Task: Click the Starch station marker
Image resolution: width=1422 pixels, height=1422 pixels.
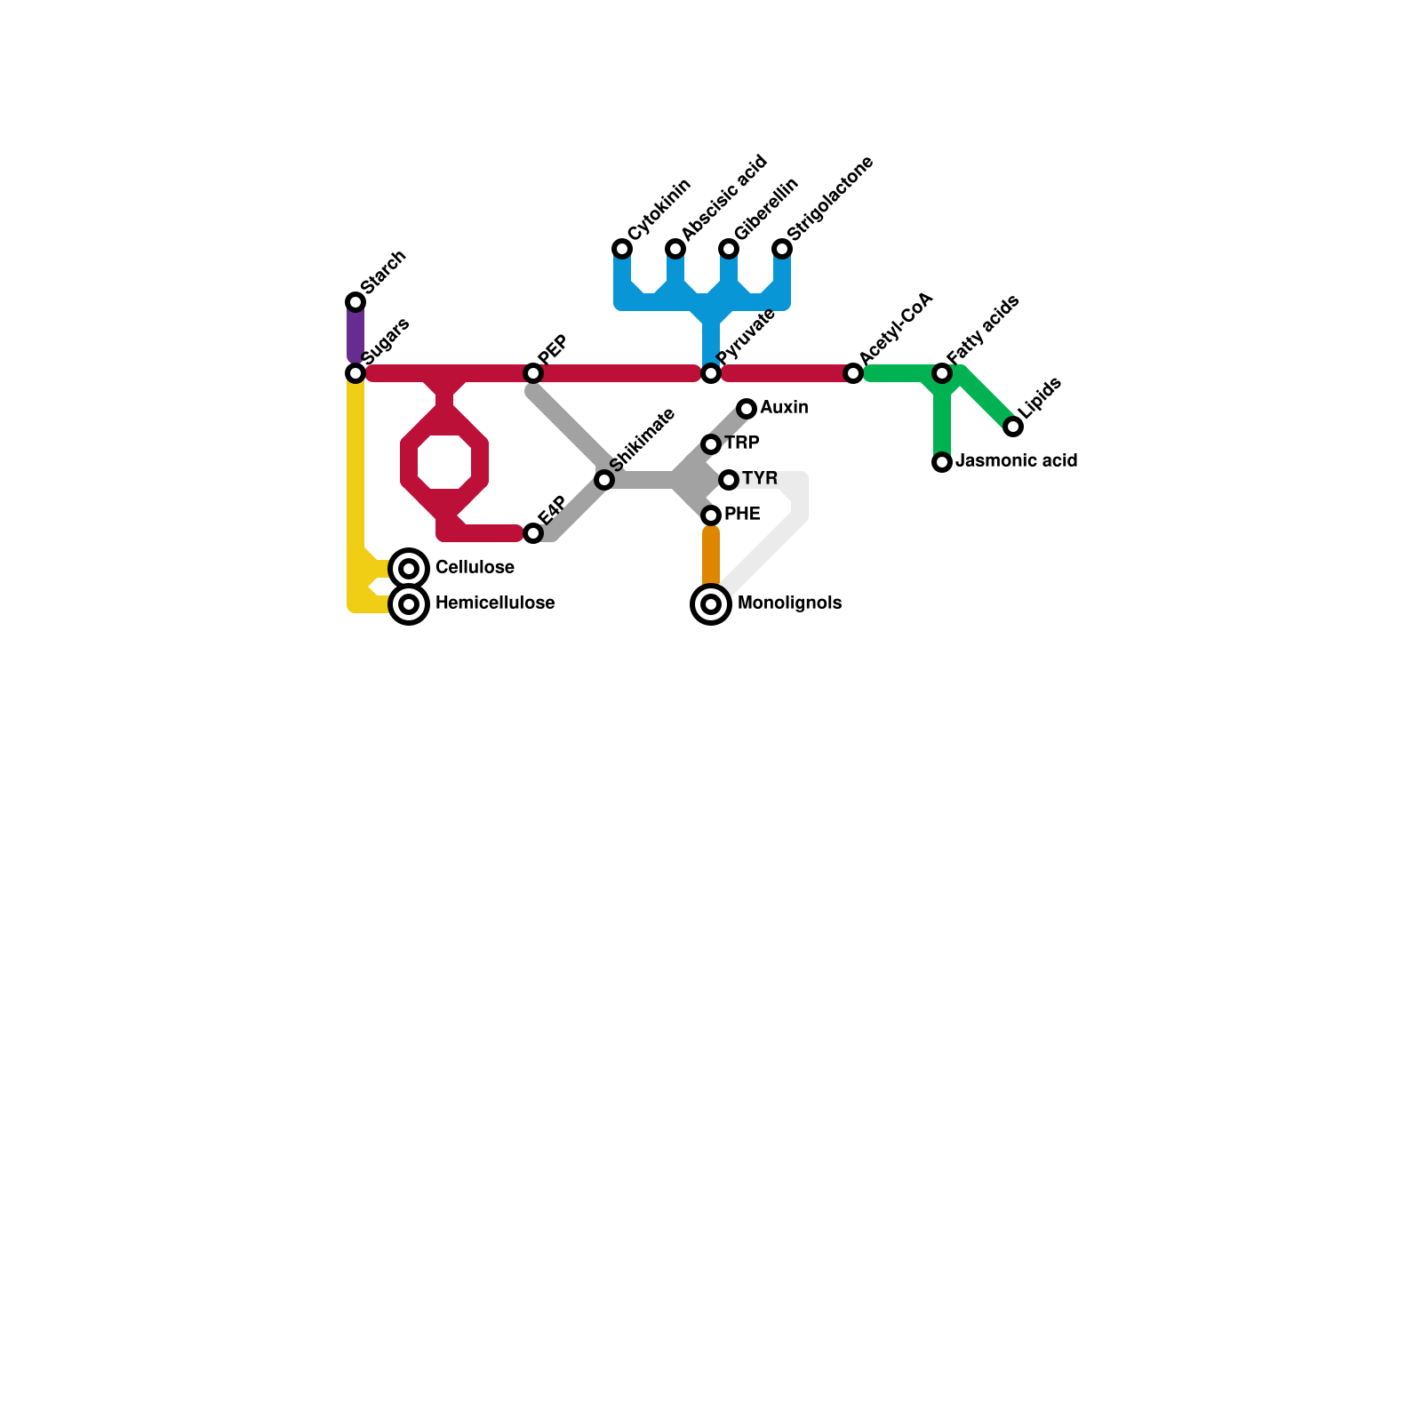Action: coord(355,302)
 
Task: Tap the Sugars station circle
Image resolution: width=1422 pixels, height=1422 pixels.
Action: coord(355,373)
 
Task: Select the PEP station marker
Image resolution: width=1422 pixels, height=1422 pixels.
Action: coord(533,373)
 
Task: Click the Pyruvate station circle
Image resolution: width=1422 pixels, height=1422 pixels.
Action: coord(711,373)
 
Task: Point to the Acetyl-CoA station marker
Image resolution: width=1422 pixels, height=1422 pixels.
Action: coord(853,373)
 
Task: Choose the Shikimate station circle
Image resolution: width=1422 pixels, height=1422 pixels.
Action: coord(604,480)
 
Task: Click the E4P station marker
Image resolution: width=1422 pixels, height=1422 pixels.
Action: coord(533,533)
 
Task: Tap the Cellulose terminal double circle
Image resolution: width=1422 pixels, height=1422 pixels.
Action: coord(409,569)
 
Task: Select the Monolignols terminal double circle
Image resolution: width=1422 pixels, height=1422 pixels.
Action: coord(711,604)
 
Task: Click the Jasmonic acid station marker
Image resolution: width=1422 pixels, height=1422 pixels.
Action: coord(942,462)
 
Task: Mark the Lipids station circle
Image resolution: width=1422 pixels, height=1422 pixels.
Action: coord(1013,427)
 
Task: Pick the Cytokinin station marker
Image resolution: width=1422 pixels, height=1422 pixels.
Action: coord(622,249)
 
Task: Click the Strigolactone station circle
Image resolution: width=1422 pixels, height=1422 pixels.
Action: coord(782,249)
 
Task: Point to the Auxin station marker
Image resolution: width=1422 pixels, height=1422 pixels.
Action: coord(747,409)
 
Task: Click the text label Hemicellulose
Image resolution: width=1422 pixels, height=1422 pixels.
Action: coord(495,603)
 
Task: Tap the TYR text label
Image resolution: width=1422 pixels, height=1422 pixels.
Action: coord(760,479)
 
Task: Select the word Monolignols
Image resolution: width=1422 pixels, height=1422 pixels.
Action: coord(789,603)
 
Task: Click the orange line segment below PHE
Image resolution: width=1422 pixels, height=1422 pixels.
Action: coord(711,558)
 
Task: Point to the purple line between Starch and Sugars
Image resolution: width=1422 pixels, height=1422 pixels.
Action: coord(355,338)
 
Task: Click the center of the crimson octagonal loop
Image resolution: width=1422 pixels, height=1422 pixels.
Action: coord(444,462)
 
